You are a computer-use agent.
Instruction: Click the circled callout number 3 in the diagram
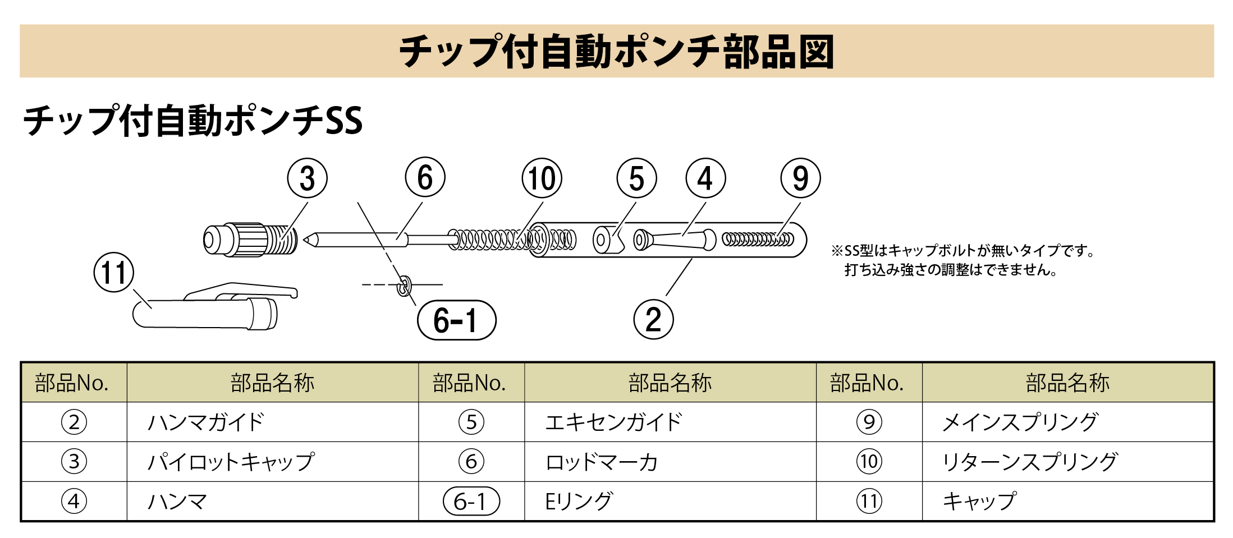tap(307, 178)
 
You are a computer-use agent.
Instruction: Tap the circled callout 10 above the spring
tap(542, 178)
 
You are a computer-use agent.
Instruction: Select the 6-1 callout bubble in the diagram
tap(456, 320)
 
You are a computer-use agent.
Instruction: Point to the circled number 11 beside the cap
tap(114, 273)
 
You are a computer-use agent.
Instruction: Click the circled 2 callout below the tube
tap(653, 320)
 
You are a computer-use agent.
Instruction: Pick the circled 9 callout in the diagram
tap(800, 178)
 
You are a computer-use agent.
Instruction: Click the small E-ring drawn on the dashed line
tap(403, 286)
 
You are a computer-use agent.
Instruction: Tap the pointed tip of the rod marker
tap(308, 240)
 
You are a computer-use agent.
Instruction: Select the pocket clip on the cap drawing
tap(241, 290)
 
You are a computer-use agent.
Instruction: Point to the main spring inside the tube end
tap(758, 240)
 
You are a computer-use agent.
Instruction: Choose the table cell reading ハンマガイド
tap(205, 422)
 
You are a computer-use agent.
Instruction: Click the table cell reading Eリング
tap(579, 501)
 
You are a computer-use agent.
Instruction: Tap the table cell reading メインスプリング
tap(1020, 422)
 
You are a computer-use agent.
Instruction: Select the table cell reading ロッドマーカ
tap(601, 462)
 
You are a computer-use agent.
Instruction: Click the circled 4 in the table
tap(74, 501)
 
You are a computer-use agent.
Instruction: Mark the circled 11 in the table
tap(869, 501)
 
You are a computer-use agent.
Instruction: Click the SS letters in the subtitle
tap(343, 121)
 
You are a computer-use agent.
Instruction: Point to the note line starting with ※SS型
tap(963, 251)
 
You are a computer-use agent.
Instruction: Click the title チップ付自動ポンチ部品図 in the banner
tap(616, 51)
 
